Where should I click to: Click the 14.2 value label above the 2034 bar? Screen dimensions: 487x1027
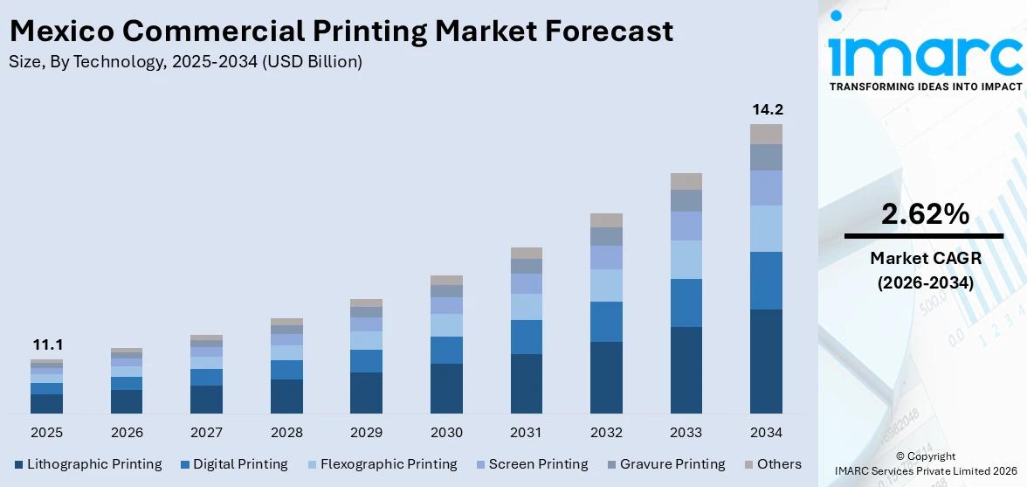point(767,110)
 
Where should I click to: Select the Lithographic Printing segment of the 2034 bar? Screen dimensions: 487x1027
point(767,361)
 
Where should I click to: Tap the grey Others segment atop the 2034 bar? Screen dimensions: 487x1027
point(767,134)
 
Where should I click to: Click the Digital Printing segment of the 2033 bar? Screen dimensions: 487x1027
point(686,303)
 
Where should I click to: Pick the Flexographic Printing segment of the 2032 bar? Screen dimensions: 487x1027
point(606,285)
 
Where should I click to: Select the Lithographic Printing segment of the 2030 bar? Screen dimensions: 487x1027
point(446,388)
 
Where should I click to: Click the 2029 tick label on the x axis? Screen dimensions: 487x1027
point(366,433)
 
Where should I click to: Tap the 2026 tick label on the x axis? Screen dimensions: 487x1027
point(127,433)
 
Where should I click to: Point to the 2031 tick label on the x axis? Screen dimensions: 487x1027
point(527,433)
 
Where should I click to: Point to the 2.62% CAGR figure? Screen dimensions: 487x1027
point(925,214)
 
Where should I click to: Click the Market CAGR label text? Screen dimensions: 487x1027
point(925,258)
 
